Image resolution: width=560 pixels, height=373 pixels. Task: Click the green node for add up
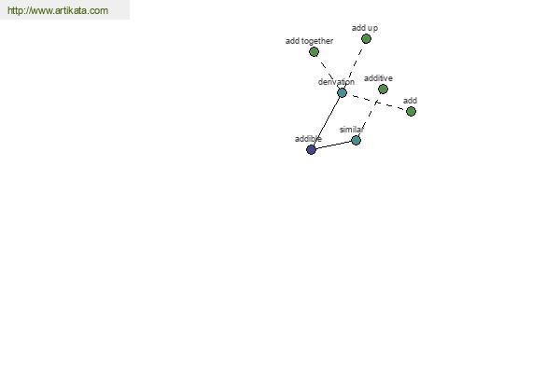pos(366,39)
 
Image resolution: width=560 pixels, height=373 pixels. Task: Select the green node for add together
pos(314,52)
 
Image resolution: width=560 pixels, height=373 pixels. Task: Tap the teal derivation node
pos(343,93)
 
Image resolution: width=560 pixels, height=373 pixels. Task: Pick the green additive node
pos(383,90)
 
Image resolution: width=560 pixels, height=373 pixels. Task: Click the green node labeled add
pos(411,112)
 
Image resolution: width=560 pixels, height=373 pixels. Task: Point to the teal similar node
pos(357,140)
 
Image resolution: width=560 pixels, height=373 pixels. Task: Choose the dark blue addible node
pos(311,149)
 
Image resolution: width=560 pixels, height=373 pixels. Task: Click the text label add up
pos(365,28)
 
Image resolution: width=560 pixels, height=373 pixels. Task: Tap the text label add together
pos(309,41)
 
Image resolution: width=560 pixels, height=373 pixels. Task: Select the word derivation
pos(336,82)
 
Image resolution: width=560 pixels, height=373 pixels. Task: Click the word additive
pos(378,78)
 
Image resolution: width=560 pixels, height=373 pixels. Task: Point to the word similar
pos(352,130)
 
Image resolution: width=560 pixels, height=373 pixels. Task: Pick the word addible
pos(308,139)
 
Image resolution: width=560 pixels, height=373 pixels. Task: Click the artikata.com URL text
pos(58,10)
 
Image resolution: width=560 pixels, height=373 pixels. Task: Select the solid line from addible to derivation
pos(327,121)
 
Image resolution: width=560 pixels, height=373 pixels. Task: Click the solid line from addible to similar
pos(333,145)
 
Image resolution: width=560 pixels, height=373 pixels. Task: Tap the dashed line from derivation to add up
pos(355,65)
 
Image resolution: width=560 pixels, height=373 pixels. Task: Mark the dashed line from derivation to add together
pos(328,73)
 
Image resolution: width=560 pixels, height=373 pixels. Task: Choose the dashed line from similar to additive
pos(370,115)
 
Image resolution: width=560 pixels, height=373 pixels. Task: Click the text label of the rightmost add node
pos(410,101)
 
